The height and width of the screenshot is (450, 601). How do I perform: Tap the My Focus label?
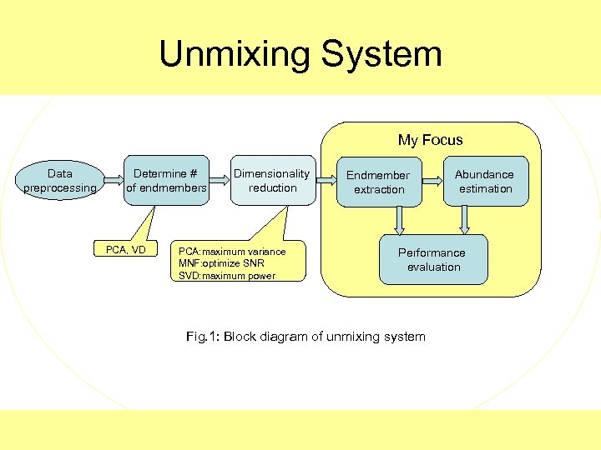pos(430,140)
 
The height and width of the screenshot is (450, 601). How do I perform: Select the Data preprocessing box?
pos(60,181)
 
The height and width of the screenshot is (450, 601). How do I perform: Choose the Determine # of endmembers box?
pos(166,181)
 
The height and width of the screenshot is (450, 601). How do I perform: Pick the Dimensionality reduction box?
pos(272,181)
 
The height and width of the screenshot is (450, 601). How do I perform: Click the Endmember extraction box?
pos(378,182)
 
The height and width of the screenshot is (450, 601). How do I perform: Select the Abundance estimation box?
pos(484,181)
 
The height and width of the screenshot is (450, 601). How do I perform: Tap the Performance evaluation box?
pos(432,260)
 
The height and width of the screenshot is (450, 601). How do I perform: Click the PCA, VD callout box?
pos(126,250)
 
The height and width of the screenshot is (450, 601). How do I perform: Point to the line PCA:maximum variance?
pos(232,252)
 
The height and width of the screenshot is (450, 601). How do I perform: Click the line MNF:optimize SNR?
pos(220,263)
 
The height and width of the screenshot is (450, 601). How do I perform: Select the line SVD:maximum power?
pos(227,276)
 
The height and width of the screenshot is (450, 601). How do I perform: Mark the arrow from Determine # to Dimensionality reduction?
pos(220,179)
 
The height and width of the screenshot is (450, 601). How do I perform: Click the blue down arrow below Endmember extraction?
pos(400,220)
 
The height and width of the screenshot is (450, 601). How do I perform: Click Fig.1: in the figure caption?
pos(202,337)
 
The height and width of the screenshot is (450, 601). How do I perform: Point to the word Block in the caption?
pos(241,337)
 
